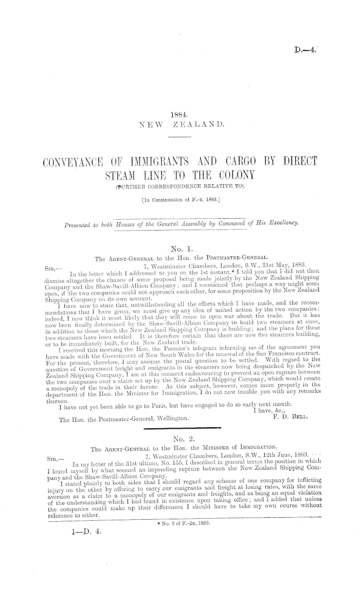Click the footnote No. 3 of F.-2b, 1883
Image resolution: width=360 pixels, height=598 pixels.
click(179, 533)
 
